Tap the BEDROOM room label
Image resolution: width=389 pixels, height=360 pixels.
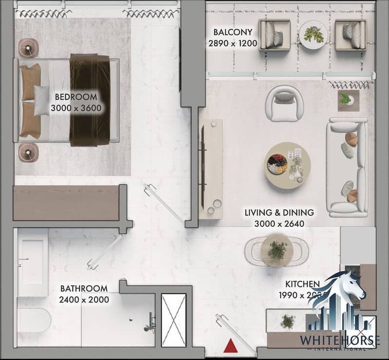[75, 96]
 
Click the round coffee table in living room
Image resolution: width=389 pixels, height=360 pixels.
[288, 165]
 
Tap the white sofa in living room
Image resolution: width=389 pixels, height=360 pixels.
[347, 167]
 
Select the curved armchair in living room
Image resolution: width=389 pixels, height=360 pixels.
[284, 103]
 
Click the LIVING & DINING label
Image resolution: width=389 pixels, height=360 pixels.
[279, 213]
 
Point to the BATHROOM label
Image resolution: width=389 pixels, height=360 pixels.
[84, 288]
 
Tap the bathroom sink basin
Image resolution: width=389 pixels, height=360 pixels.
[32, 263]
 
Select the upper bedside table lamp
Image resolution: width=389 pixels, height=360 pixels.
[28, 48]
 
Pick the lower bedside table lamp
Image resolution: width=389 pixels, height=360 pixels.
[29, 152]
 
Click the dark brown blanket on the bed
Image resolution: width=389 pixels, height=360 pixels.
[90, 100]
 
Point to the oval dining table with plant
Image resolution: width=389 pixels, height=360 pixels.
[277, 250]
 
